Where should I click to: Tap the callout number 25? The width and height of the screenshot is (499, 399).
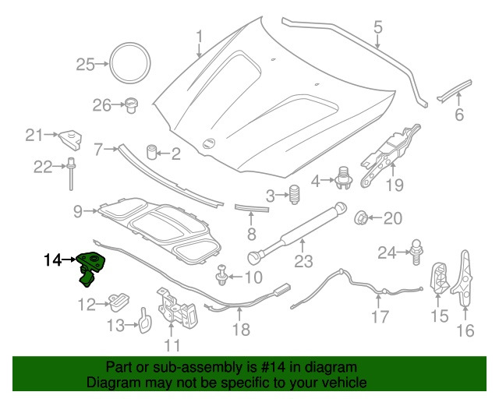(85, 65)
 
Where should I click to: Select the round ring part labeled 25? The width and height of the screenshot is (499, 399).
(129, 63)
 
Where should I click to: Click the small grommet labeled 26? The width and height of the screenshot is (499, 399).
(132, 104)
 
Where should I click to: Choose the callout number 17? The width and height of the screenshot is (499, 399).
(379, 317)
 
